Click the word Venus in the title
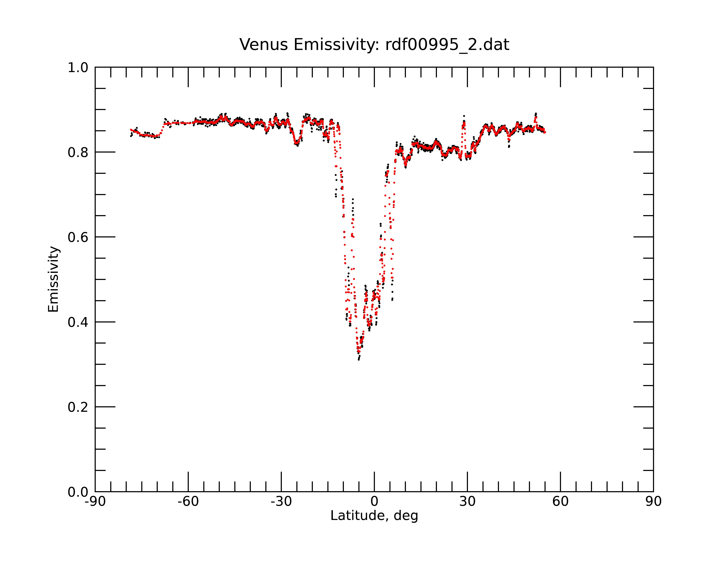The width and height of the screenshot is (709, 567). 264,45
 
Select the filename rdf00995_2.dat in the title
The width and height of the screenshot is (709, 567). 447,45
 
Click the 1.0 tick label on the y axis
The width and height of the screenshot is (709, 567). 78,68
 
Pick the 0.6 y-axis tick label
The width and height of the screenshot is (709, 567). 78,237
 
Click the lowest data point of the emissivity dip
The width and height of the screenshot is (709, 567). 359,360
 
